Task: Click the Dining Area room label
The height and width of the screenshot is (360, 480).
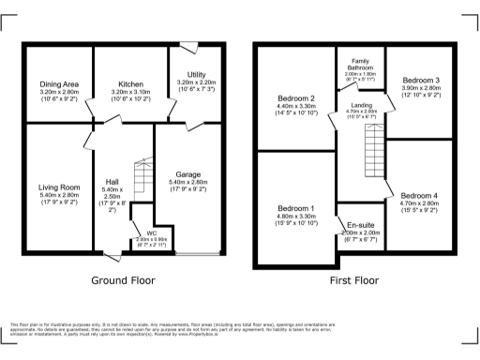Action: point(59,84)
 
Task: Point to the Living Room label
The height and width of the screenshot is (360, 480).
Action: point(59,187)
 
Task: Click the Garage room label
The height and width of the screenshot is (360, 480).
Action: point(185,173)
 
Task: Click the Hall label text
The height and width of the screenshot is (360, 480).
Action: point(112,180)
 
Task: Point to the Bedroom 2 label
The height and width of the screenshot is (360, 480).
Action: point(295,98)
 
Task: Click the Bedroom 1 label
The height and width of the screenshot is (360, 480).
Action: point(295,208)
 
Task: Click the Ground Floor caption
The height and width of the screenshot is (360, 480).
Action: point(123,280)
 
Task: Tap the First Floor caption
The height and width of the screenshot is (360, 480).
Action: point(354,280)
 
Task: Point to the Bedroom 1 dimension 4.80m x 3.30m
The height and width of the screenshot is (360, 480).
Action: point(295,217)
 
